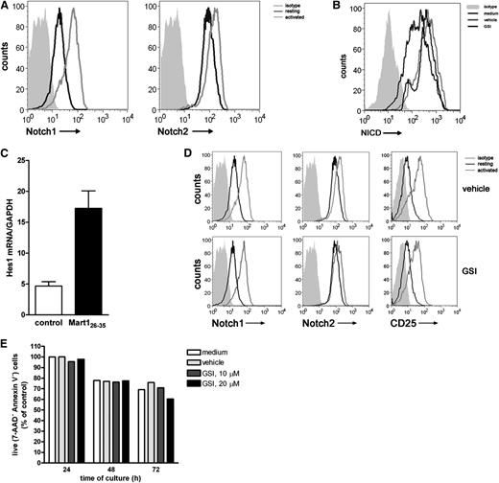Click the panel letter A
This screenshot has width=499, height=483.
(x=7, y=9)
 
